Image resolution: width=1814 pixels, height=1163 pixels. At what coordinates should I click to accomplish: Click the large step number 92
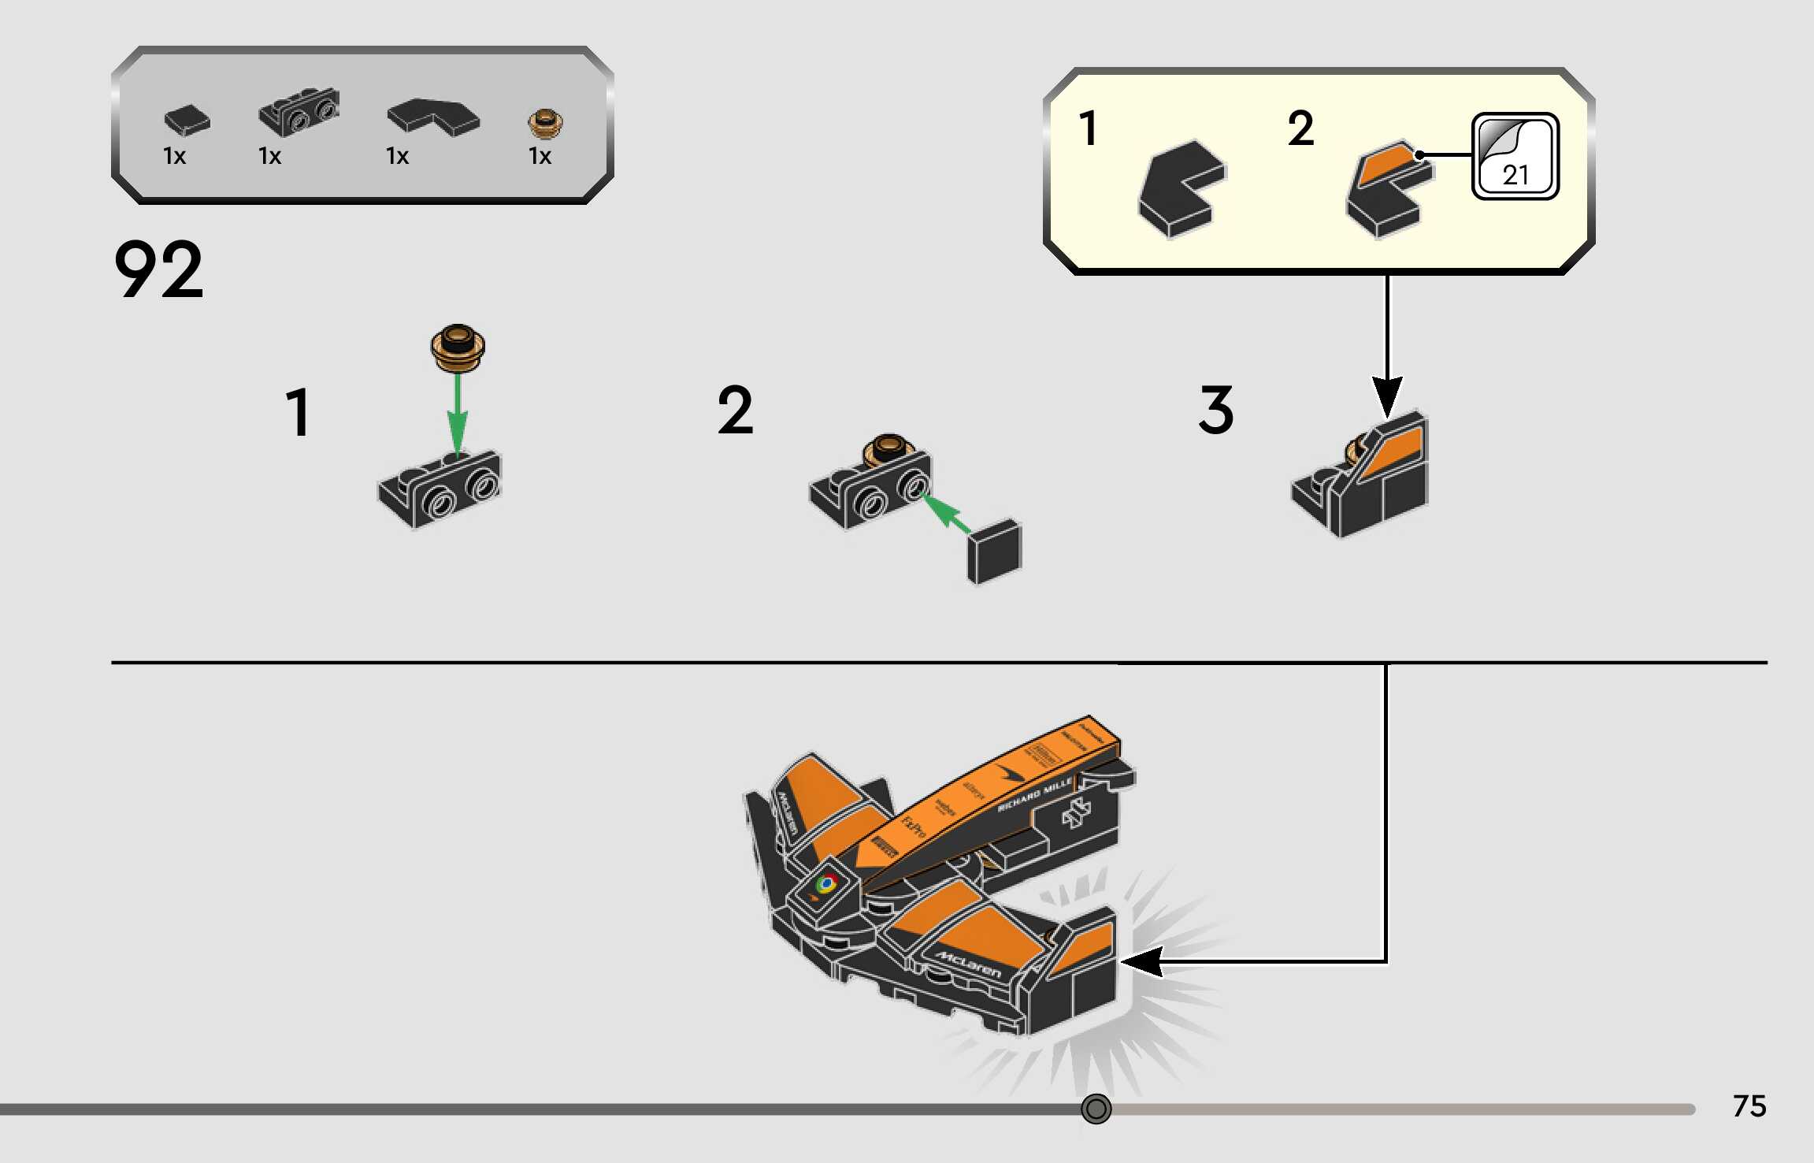[158, 270]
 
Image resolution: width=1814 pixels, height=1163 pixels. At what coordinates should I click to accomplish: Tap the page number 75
[1749, 1106]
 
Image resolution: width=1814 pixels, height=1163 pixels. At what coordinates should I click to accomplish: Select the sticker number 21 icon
[1515, 157]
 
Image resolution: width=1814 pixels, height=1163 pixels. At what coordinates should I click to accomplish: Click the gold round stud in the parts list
[545, 124]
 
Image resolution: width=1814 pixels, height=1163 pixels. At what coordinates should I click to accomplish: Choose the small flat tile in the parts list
[187, 120]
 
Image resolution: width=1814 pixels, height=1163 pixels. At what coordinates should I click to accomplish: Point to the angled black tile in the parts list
[432, 117]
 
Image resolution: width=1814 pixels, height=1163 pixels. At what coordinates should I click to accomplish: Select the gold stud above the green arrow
[458, 347]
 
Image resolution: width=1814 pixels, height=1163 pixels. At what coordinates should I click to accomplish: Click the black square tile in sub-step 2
[994, 551]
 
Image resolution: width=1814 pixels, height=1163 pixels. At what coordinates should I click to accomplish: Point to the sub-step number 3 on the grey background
[1215, 411]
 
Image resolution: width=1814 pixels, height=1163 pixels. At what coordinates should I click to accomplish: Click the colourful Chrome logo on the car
[825, 884]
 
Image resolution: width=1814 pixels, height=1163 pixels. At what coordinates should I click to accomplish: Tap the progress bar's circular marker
[1096, 1109]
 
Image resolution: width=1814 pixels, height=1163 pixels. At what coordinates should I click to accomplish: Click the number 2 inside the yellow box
[1300, 129]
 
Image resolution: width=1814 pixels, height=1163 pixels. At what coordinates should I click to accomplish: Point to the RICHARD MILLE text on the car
[1034, 794]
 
